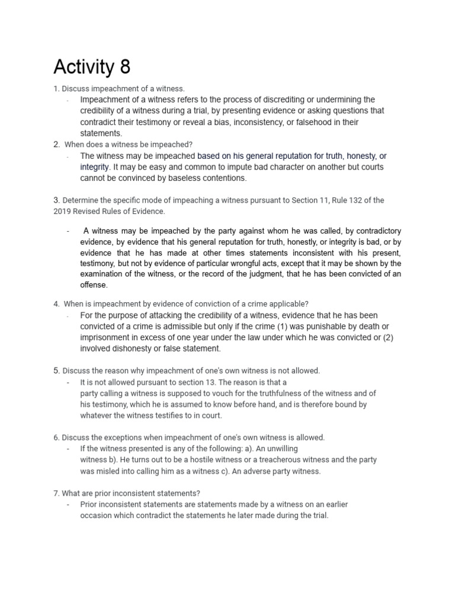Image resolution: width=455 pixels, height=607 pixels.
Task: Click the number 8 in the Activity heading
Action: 124,67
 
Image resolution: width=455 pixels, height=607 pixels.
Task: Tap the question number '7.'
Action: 56,493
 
